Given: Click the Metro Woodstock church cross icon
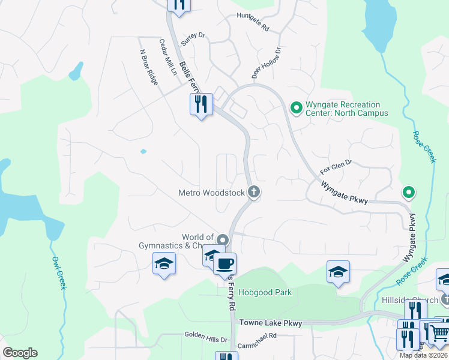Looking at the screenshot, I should tap(254, 193).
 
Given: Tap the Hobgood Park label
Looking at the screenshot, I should tap(265, 293).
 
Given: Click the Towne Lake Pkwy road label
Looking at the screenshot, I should tap(270, 323).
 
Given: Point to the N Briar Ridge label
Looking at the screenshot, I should tap(149, 68).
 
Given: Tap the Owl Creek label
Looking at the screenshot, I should tap(58, 273).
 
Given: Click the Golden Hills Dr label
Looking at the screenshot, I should tap(206, 340).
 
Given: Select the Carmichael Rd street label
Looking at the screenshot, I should tap(256, 336).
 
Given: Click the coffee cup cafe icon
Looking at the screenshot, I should tap(225, 263).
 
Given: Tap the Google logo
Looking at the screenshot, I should tap(20, 353).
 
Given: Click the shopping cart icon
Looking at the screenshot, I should tap(439, 331).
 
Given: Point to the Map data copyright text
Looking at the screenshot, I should tap(424, 355).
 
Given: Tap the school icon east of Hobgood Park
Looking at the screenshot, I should tap(338, 271).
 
